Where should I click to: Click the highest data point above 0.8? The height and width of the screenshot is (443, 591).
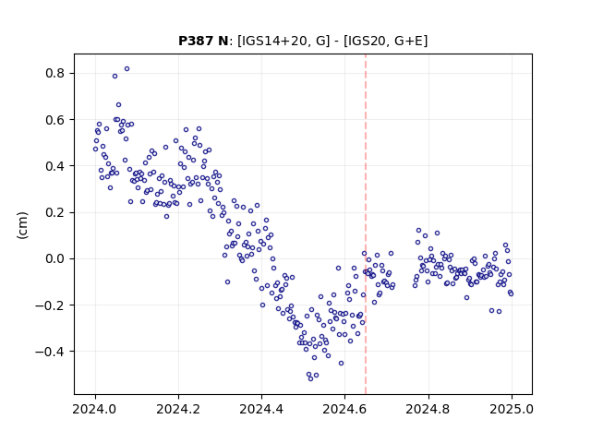tap(127, 69)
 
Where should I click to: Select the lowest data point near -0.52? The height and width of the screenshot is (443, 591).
tap(310, 378)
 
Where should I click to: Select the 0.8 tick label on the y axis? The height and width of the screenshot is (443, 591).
tap(54, 73)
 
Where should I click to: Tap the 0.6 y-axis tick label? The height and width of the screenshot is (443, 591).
tap(54, 119)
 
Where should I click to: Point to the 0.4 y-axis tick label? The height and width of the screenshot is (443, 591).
tap(54, 166)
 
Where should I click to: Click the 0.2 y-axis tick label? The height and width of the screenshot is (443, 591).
tap(54, 212)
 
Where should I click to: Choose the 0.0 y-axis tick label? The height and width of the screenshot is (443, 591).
tap(54, 258)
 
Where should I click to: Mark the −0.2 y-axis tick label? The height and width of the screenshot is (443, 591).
tap(50, 305)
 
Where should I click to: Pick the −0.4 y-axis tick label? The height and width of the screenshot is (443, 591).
tap(50, 352)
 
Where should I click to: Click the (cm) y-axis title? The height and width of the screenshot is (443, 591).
tap(22, 225)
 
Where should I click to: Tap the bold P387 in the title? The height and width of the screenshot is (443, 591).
tap(196, 41)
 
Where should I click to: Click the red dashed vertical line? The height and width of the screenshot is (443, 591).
tap(366, 224)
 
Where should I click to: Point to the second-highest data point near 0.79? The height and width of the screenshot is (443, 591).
tap(115, 76)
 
